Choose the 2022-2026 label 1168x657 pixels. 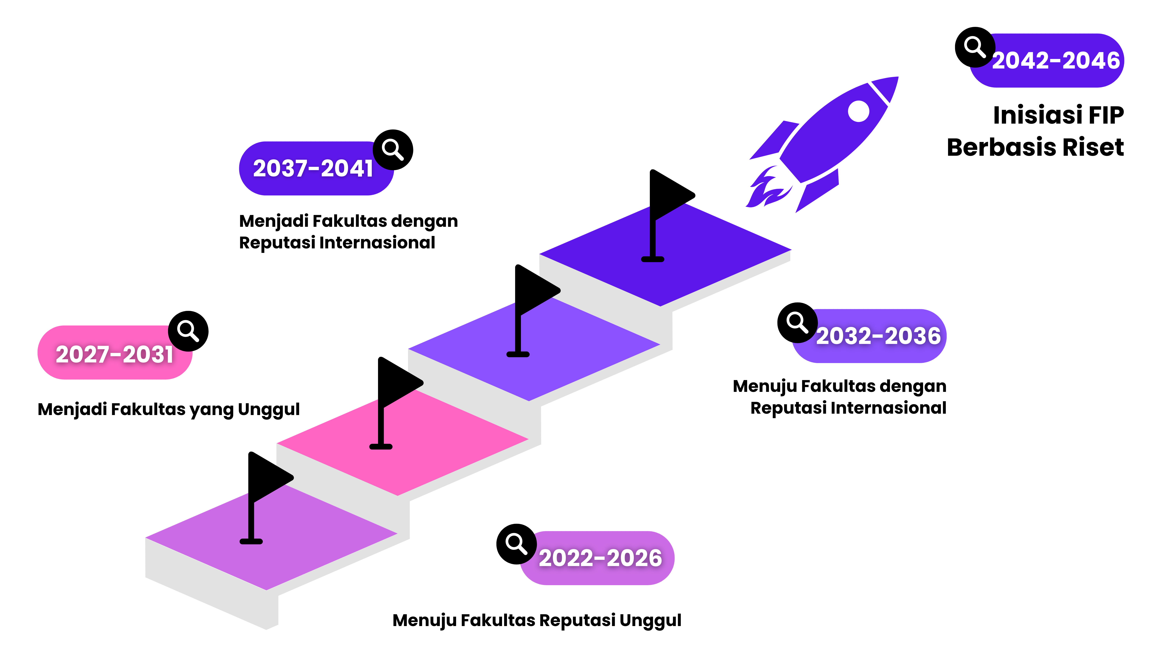pyautogui.click(x=600, y=558)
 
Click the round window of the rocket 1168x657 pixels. pyautogui.click(x=858, y=111)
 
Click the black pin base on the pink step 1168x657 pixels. pyautogui.click(x=381, y=447)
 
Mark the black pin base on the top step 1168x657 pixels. pyautogui.click(x=653, y=259)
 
